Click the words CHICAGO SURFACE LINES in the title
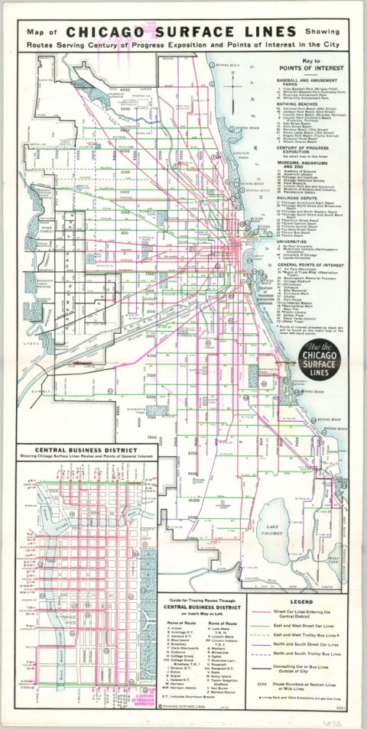[181, 31]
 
